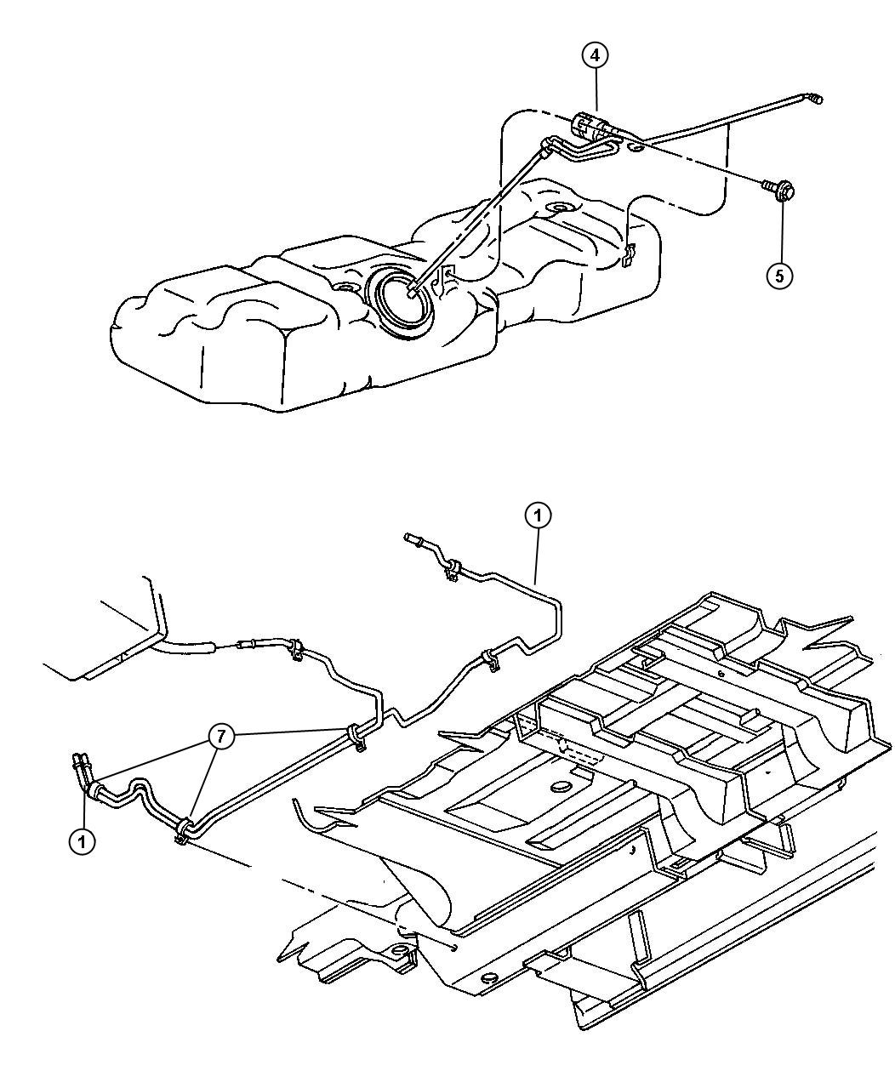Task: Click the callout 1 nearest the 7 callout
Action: [82, 841]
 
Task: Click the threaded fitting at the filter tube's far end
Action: [815, 100]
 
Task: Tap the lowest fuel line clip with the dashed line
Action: [181, 830]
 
